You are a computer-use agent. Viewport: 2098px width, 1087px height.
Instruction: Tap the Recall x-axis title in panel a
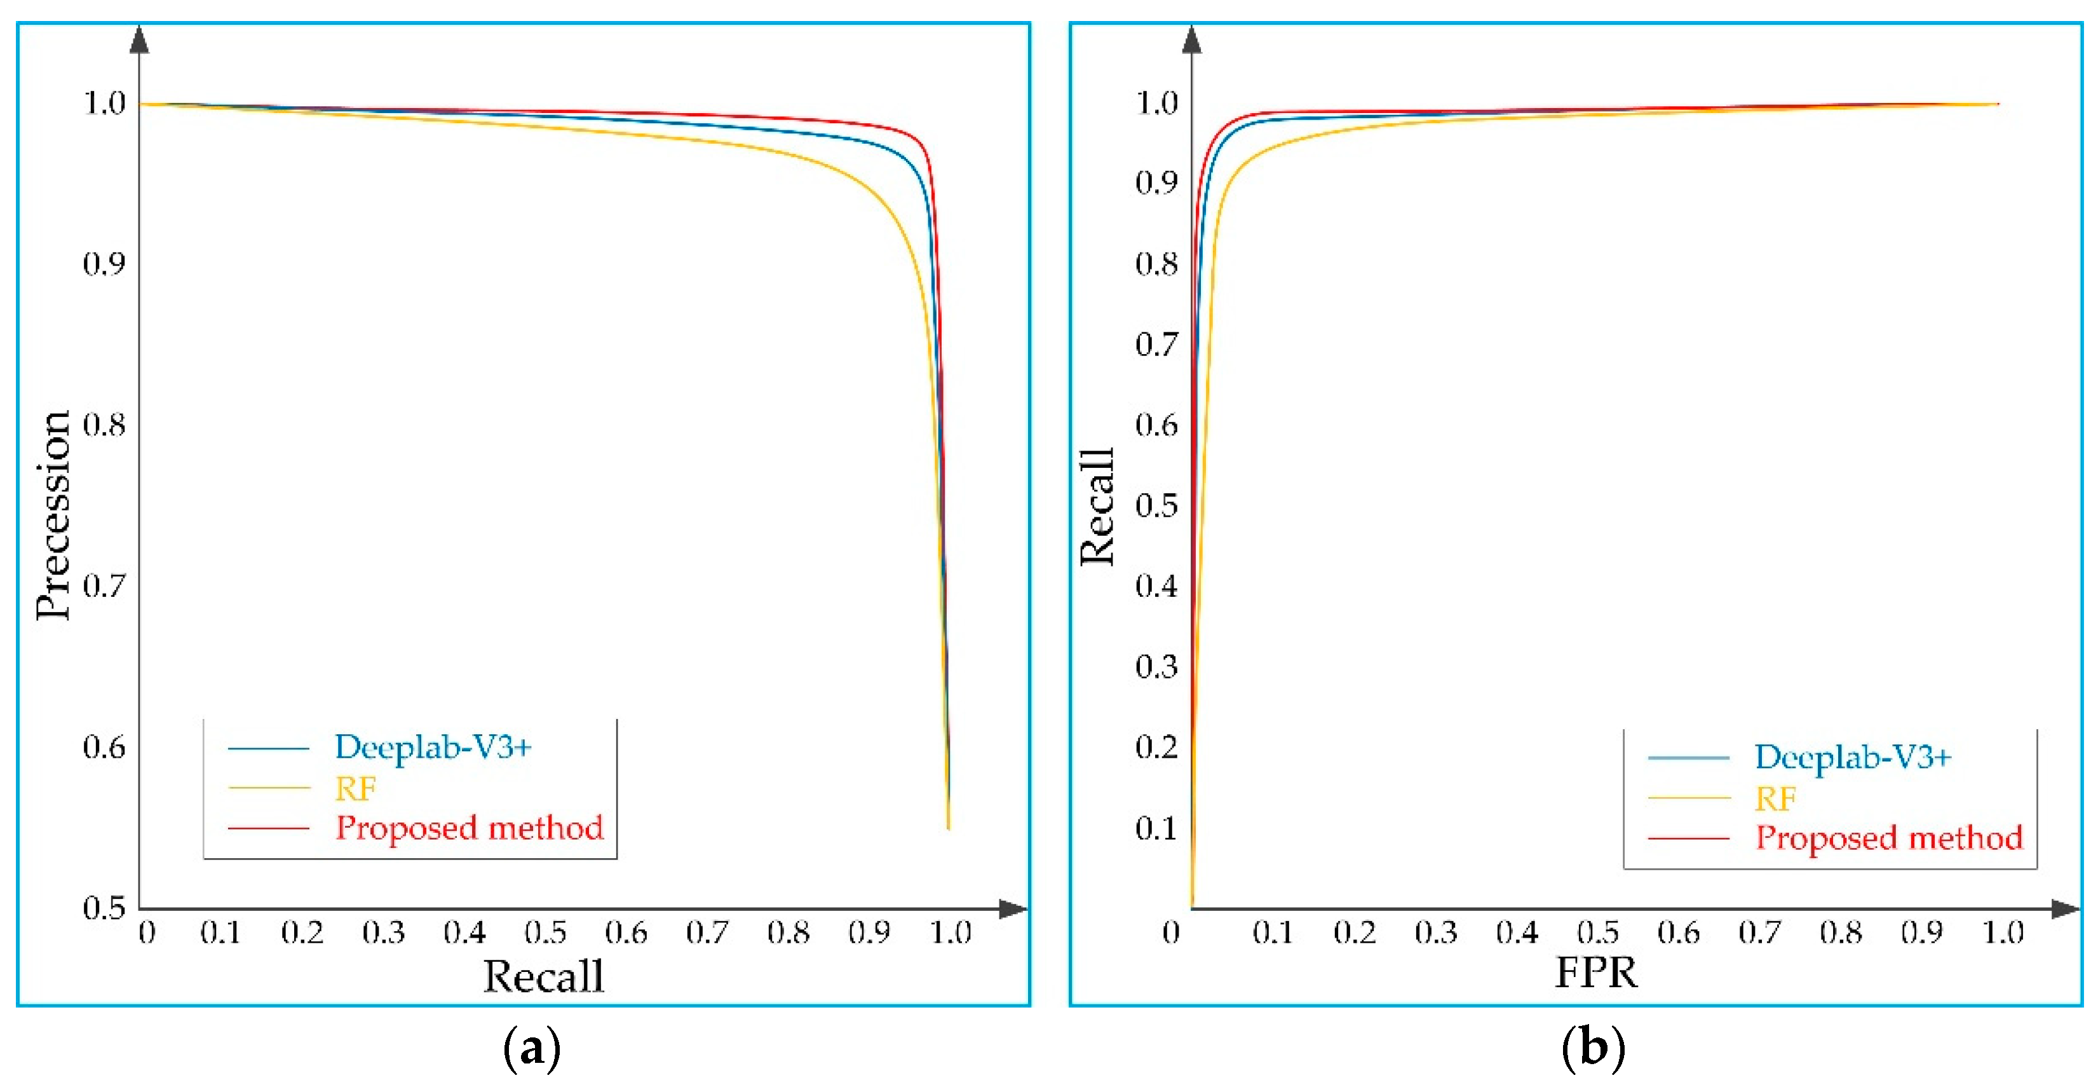point(543,976)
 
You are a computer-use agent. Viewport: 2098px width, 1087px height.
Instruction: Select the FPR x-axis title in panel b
point(1595,972)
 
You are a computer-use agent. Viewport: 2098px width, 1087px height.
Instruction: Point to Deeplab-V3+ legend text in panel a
point(433,747)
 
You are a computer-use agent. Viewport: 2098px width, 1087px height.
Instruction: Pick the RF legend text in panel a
point(355,789)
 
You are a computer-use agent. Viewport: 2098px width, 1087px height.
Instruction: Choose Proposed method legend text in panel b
point(1888,838)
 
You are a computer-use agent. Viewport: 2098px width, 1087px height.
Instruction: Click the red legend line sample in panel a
point(268,829)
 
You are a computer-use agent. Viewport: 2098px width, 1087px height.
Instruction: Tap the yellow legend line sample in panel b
point(1688,798)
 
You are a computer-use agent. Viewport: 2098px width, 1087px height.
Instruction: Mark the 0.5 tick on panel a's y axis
point(104,907)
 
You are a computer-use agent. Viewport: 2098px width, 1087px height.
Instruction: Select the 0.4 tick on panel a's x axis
point(464,932)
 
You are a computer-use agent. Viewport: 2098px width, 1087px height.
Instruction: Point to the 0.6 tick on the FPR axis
point(1678,932)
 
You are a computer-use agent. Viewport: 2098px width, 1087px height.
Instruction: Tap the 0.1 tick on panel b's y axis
point(1156,829)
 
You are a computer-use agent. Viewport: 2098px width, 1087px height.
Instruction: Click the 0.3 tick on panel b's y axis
point(1156,667)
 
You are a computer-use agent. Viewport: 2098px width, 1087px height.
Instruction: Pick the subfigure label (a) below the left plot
point(532,1049)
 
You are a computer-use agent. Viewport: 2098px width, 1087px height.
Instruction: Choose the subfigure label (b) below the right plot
point(1593,1049)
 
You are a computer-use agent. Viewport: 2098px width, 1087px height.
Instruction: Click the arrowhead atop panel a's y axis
point(139,39)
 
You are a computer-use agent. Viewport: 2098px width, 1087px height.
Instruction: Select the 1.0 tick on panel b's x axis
point(2002,932)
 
